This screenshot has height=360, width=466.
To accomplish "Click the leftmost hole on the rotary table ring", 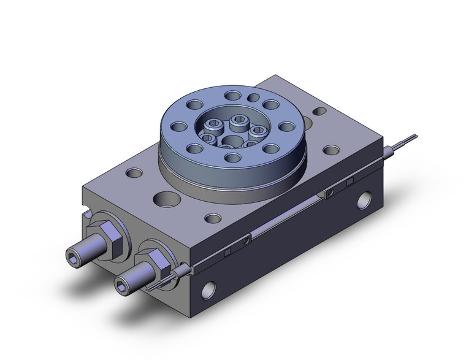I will [x=178, y=127].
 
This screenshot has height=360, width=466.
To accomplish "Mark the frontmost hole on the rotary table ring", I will [x=232, y=158].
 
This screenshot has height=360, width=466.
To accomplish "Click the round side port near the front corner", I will [x=211, y=287].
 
